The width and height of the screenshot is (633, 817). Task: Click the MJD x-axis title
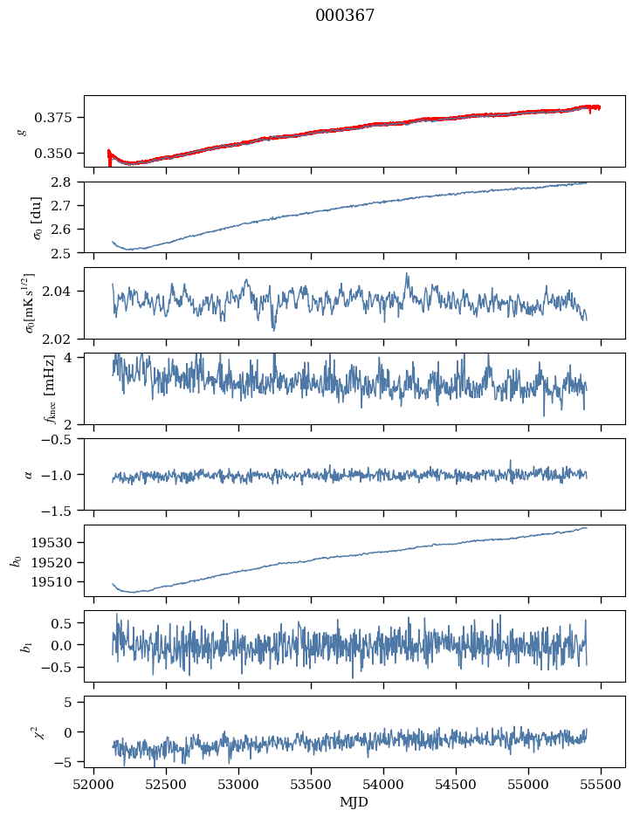(354, 802)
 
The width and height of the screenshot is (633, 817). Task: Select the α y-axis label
(29, 474)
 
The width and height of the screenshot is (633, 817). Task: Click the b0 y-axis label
(15, 560)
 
